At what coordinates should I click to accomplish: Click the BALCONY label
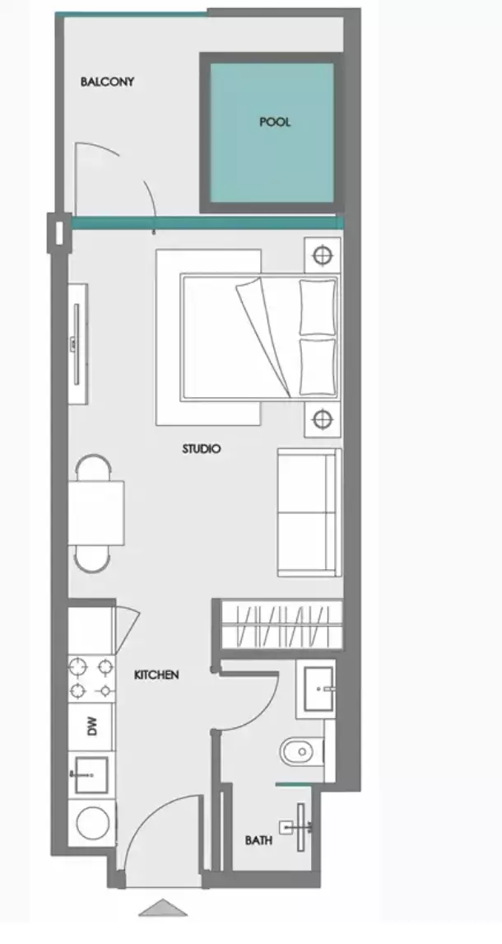click(107, 82)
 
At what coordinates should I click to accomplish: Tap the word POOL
click(275, 122)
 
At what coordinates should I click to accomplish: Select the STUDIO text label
click(201, 449)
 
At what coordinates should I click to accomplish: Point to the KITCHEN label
click(156, 675)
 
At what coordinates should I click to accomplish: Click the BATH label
click(258, 841)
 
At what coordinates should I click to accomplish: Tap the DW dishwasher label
click(92, 727)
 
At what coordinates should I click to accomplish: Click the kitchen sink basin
click(91, 774)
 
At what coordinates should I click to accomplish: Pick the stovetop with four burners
click(91, 678)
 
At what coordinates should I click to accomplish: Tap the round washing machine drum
click(92, 824)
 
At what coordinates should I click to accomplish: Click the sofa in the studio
click(308, 512)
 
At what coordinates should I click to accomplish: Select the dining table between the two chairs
click(96, 513)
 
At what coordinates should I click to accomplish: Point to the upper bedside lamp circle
click(323, 255)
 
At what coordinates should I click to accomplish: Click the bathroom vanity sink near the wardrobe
click(319, 688)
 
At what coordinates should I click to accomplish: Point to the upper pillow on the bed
click(318, 306)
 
